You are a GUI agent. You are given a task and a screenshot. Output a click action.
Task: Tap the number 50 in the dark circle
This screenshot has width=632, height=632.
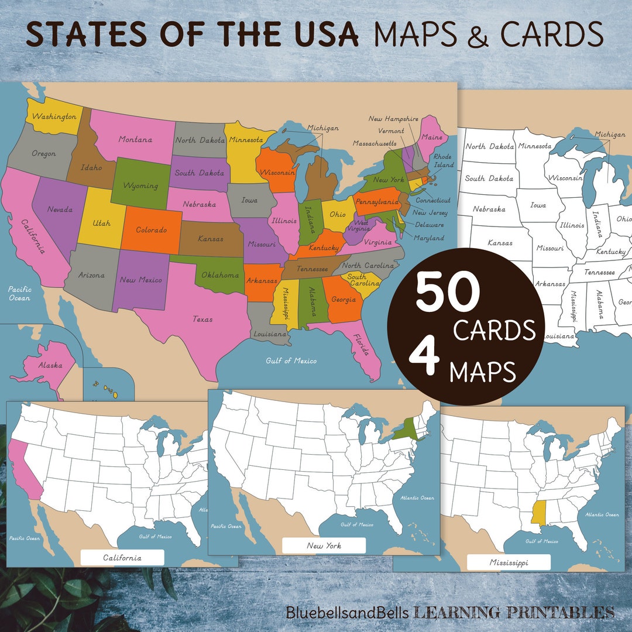point(448,293)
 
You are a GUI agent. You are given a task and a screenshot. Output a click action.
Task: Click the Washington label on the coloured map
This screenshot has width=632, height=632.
point(54,116)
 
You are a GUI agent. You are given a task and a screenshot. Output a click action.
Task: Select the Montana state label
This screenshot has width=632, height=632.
point(135,139)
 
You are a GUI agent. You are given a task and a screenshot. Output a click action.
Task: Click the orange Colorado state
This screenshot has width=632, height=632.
point(152,230)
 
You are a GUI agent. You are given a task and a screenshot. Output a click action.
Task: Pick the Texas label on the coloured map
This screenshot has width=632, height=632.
point(202,320)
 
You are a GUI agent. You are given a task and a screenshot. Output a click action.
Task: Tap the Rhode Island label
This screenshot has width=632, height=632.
point(443,161)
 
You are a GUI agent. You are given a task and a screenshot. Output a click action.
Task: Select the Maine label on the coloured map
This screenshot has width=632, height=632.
point(432,137)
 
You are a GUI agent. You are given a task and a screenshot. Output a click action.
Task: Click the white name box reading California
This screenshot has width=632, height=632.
point(122,558)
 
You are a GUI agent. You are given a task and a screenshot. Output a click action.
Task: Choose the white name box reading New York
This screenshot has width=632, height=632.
point(324,545)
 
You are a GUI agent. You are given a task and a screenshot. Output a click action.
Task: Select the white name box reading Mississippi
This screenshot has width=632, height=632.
point(509,562)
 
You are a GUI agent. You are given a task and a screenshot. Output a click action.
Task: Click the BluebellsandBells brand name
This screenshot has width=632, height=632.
point(347,613)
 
